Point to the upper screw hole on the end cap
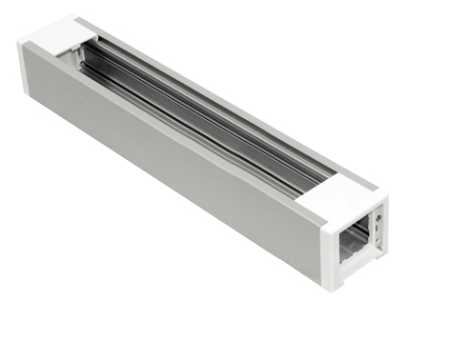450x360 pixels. click(x=380, y=218)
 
